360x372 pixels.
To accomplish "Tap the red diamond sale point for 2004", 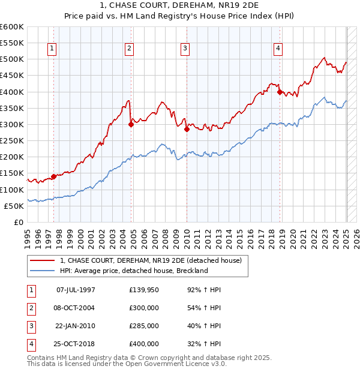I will point(131,125).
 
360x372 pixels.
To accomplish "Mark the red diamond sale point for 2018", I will point(280,92).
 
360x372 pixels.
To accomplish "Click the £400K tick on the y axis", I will point(12,92).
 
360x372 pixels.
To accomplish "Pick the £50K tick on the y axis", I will point(14,206).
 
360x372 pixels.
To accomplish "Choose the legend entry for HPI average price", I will point(133,271).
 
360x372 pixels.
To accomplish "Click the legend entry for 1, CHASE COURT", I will point(150,260).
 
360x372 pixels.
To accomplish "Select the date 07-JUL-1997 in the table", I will point(76,290).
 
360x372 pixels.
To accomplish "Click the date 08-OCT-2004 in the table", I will point(76,308).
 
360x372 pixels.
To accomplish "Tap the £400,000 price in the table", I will point(144,344).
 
